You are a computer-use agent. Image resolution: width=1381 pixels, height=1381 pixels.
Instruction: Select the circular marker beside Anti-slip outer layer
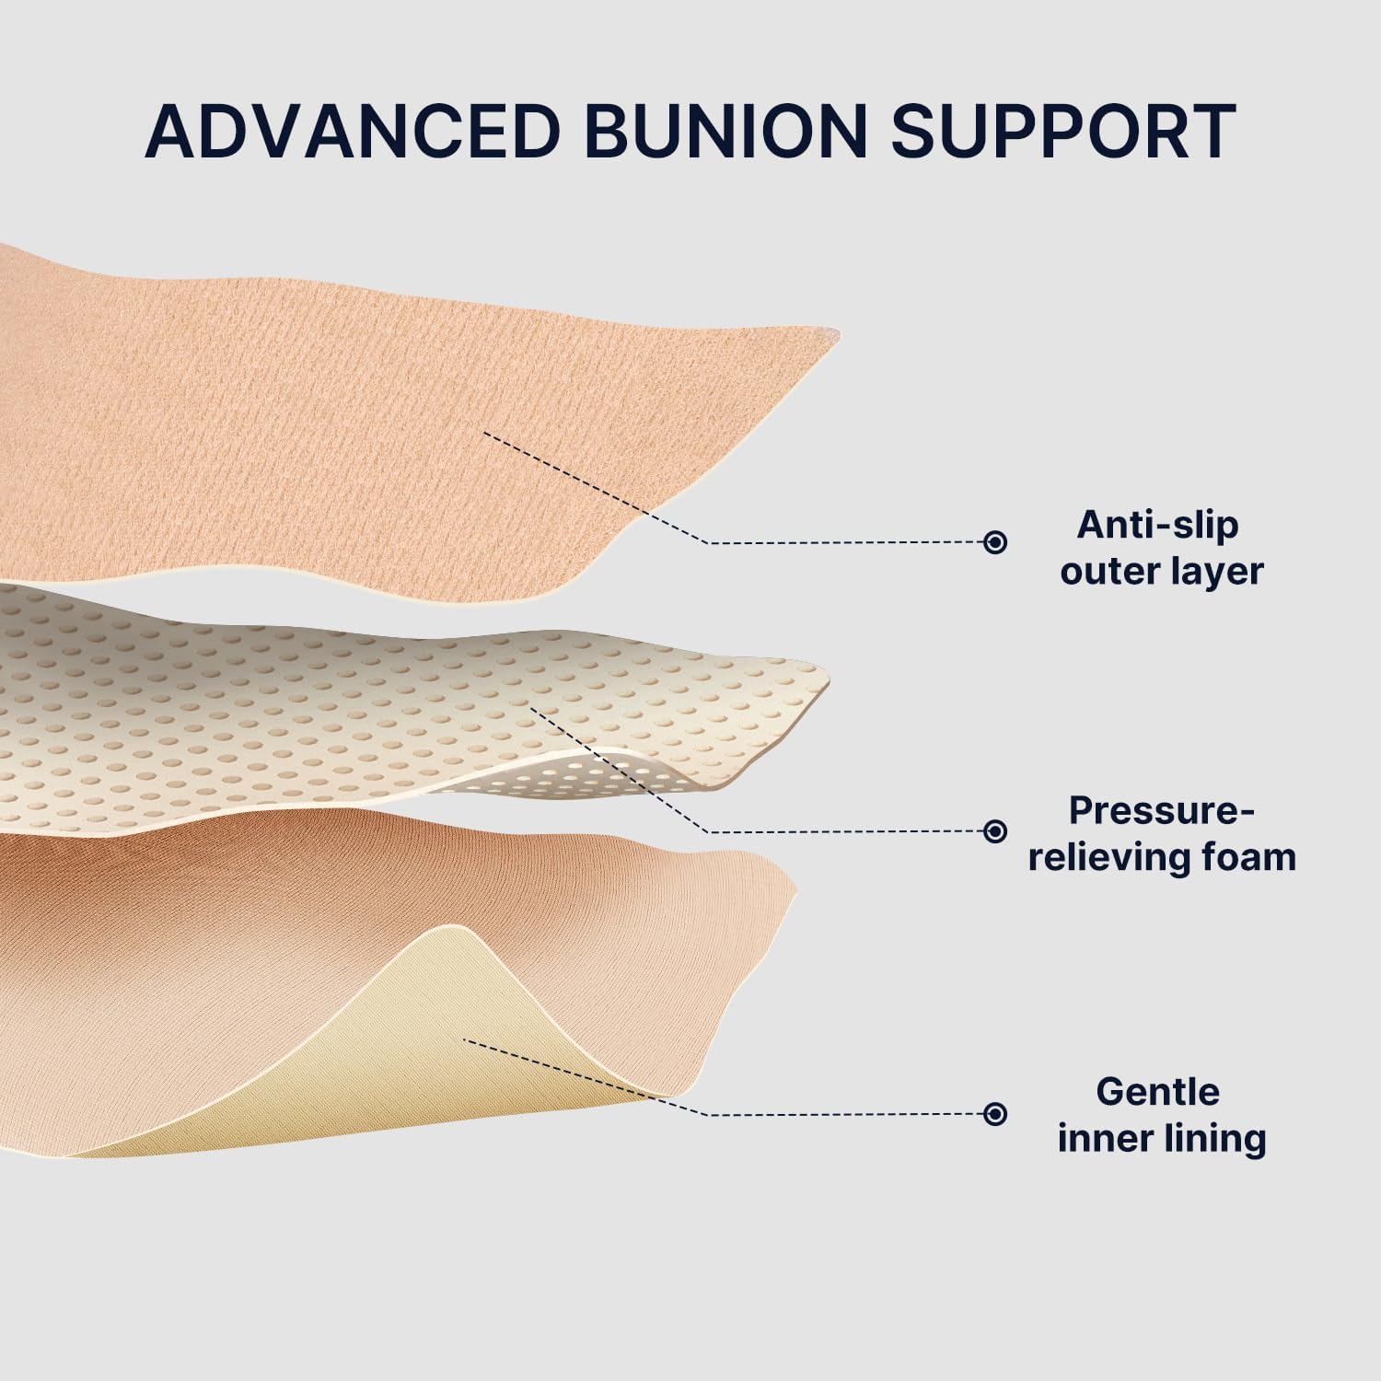point(994,542)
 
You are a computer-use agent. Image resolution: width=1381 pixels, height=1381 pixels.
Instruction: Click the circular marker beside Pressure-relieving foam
point(994,831)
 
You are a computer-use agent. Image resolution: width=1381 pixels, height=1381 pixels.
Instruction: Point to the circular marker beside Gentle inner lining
point(994,1114)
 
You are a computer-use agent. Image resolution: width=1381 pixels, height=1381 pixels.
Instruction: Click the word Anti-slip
point(1158,525)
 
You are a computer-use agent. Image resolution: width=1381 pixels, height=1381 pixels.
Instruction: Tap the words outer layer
point(1161,571)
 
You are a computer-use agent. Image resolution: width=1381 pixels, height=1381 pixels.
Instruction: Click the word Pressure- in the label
point(1161,811)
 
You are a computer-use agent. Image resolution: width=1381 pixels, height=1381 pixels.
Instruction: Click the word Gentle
point(1157,1092)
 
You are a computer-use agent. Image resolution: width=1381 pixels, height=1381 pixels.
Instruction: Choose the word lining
point(1218,1139)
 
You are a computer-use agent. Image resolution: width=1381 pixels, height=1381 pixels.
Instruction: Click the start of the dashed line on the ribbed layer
point(485,434)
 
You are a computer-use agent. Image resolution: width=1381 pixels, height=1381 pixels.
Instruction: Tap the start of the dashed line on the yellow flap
point(465,1040)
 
